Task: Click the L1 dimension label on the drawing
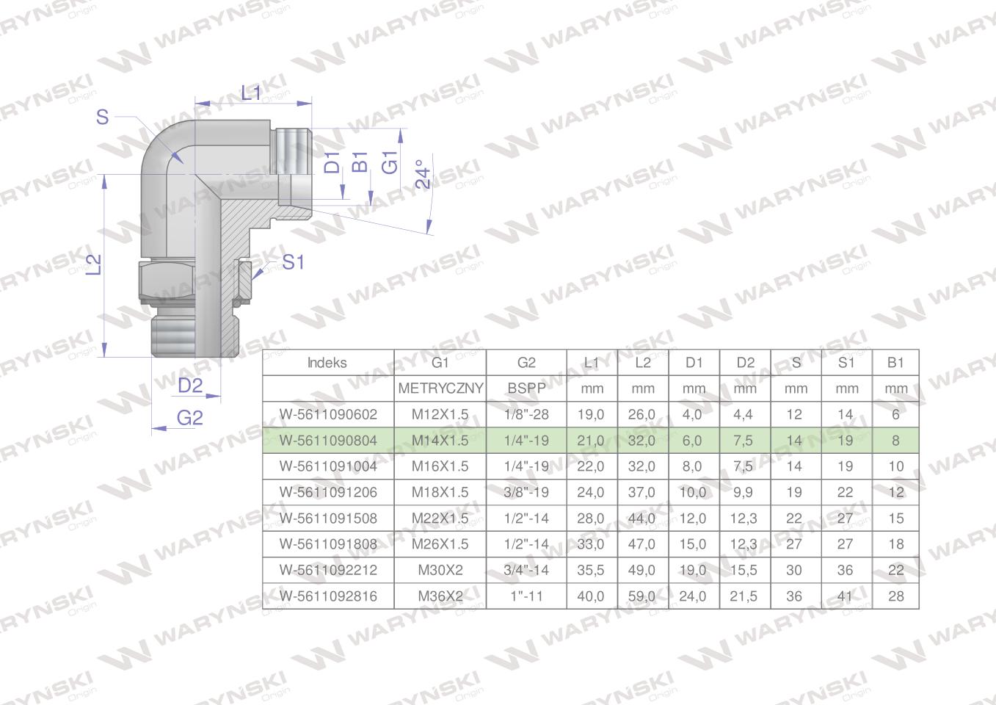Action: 251,93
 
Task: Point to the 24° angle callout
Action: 424,174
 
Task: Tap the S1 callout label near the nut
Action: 293,262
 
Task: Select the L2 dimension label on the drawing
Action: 94,264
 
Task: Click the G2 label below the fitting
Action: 190,418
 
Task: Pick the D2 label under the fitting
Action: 190,386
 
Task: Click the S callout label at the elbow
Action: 102,117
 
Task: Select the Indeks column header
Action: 327,363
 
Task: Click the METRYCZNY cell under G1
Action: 440,388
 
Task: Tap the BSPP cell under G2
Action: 526,388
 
